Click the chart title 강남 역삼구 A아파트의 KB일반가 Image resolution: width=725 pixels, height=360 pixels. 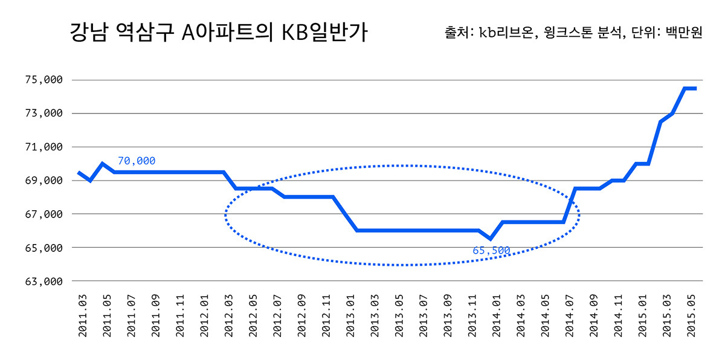(218, 33)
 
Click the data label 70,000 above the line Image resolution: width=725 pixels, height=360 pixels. (137, 161)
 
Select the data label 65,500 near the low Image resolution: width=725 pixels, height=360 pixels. (491, 250)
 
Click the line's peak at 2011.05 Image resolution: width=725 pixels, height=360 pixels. (103, 164)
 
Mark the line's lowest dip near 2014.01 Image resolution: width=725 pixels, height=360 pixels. (491, 239)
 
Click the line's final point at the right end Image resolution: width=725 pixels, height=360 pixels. (696, 88)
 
